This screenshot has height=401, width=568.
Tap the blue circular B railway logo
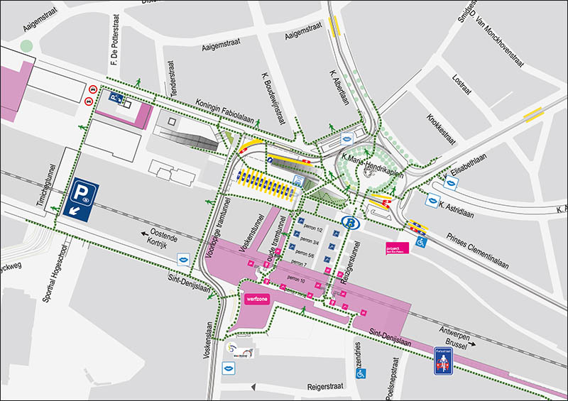click(349, 222)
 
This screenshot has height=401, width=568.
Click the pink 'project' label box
click(394, 248)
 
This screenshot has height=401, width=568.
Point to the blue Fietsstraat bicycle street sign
click(443, 361)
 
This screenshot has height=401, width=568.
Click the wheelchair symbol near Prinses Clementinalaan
click(421, 242)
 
